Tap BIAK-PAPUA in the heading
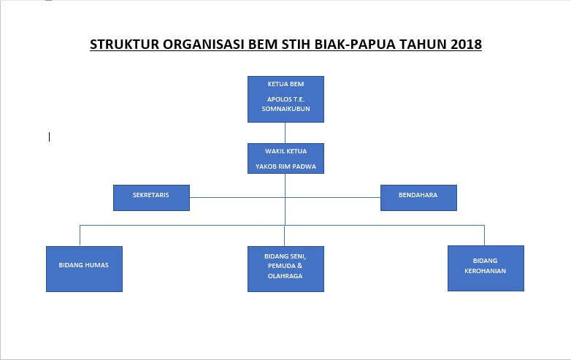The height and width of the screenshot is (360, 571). coord(355,45)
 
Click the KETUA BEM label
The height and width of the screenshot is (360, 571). coord(285,84)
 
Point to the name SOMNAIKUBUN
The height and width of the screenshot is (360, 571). coord(285,109)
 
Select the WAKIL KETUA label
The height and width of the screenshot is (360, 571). coord(285,151)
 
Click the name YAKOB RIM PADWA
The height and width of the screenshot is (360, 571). coord(285,166)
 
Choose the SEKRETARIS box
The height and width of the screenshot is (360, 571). coord(151,198)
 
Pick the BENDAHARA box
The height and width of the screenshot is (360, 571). coord(419,198)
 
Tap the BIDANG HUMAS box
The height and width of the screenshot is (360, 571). coord(84,269)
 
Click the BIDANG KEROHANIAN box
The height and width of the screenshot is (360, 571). coord(486,268)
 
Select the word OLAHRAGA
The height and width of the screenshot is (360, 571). coord(285,276)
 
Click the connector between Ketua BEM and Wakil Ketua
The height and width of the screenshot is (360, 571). coord(285,133)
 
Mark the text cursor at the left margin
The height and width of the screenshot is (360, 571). coord(49,137)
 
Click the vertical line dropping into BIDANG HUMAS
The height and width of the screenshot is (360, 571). coord(80,236)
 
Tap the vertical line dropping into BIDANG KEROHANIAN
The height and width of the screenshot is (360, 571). coord(484,235)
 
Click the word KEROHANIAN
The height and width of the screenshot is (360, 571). coord(485,271)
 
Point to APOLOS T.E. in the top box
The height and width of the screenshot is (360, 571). coord(285,99)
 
